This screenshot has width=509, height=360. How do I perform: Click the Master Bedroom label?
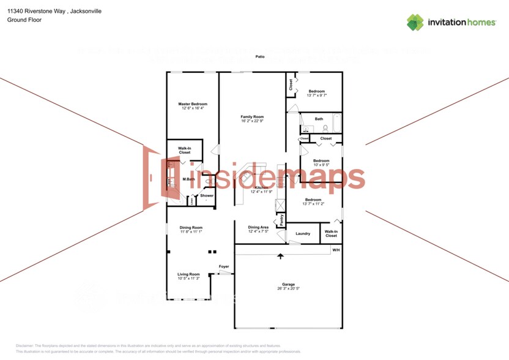click(193, 104)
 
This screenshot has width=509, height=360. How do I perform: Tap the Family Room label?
click(252, 116)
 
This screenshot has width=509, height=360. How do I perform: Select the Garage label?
click(288, 284)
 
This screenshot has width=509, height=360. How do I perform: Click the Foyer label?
click(224, 266)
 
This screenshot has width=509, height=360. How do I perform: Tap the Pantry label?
click(281, 219)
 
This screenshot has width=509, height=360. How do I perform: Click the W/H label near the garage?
click(336, 250)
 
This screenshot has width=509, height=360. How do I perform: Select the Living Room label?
click(188, 274)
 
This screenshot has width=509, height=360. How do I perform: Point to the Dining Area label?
click(258, 227)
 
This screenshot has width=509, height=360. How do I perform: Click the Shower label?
click(207, 196)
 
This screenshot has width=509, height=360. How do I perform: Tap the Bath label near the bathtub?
click(319, 119)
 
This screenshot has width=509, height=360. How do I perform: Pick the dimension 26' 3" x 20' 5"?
click(289, 289)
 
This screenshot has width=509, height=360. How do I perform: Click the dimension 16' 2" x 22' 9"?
click(252, 121)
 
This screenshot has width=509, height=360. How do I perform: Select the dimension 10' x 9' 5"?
click(321, 165)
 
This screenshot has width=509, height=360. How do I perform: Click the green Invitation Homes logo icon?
click(415, 22)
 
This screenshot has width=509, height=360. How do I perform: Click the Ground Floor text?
click(21, 20)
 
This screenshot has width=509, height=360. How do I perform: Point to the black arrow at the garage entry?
click(281, 256)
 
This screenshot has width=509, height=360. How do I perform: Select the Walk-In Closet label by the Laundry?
click(331, 233)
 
